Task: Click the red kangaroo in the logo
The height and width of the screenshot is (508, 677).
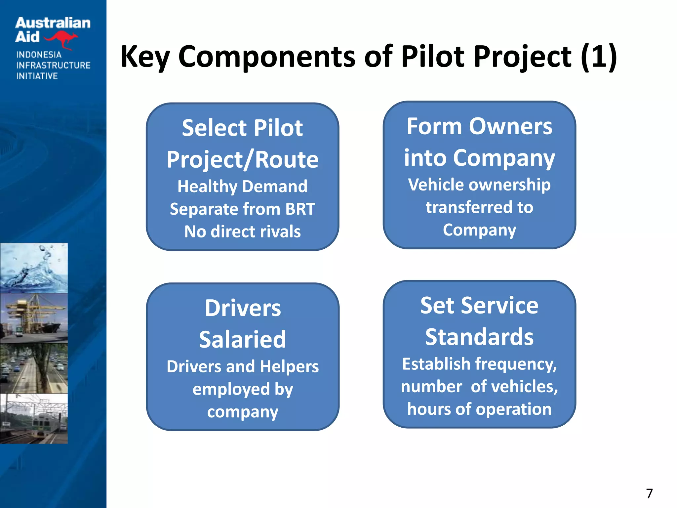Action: [x=61, y=39]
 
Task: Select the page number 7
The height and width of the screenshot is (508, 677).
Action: [x=649, y=493]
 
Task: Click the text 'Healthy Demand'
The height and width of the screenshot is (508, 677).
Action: [x=242, y=186]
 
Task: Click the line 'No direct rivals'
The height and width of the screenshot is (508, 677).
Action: [x=242, y=232]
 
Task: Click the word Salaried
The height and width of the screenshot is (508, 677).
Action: [x=242, y=340]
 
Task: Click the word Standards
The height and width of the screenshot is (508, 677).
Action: [x=479, y=337]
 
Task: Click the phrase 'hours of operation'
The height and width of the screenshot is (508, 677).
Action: [x=479, y=409]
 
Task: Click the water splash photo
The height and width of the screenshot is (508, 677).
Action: [x=34, y=268]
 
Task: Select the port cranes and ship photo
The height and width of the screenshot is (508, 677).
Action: [x=34, y=318]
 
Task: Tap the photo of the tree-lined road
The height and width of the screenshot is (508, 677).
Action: [x=34, y=368]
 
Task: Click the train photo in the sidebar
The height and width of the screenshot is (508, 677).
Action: [x=34, y=419]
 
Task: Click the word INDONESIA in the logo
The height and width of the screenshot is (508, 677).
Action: [x=39, y=55]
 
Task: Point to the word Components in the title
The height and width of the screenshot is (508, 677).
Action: [x=266, y=57]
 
